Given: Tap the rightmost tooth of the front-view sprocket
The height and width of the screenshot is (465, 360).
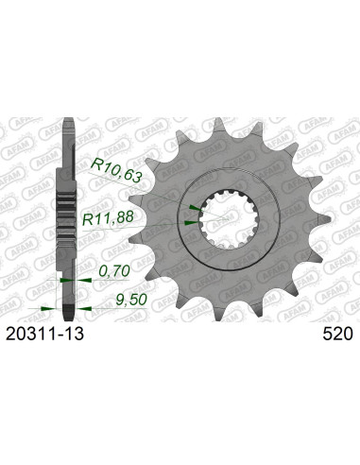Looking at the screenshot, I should tap(317, 227).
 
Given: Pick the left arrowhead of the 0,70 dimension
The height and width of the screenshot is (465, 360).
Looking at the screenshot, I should tap(60, 281).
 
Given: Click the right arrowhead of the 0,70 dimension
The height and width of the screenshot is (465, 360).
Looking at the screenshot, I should tap(77, 281).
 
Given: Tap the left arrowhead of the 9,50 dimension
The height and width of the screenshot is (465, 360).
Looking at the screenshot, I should tap(44, 308).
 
